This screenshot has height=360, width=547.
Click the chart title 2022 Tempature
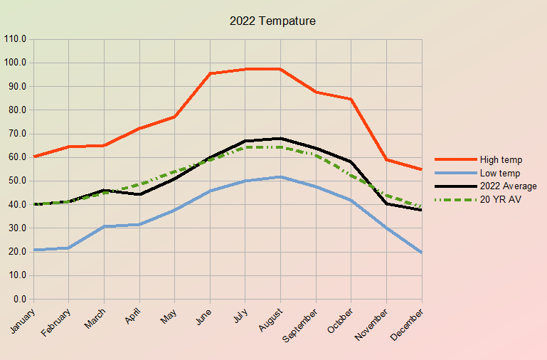[272, 21]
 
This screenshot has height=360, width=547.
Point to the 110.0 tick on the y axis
[15, 39]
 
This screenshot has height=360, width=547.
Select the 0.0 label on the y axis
[19, 299]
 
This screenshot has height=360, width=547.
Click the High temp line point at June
[211, 73]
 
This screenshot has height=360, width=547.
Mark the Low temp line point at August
[281, 177]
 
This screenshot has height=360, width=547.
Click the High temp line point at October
[351, 99]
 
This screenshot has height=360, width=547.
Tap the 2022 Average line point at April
[139, 194]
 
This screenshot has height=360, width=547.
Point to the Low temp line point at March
[105, 226]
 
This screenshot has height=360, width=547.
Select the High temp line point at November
[387, 159]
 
